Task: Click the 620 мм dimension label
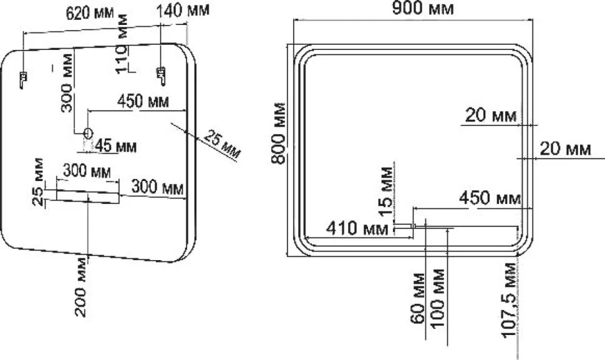[90, 12]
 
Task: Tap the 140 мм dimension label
[183, 9]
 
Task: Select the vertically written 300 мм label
[67, 82]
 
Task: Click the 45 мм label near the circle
[116, 146]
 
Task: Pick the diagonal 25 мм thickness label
[222, 144]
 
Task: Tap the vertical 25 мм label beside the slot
[38, 182]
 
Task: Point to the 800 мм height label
[278, 133]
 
